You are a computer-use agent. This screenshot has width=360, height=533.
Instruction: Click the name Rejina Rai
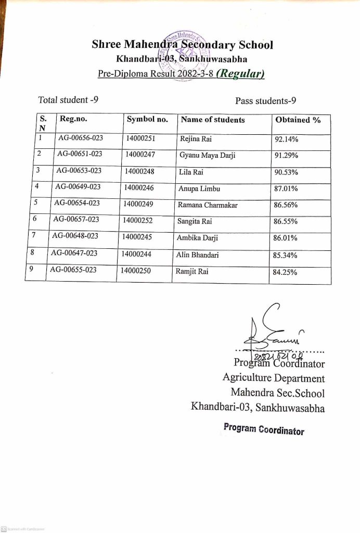(196, 139)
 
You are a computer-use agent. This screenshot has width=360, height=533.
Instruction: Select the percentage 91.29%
(286, 156)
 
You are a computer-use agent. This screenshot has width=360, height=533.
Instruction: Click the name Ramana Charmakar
(208, 205)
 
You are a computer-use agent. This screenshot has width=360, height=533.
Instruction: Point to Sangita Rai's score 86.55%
(285, 221)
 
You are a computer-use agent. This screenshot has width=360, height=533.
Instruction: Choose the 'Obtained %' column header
(298, 120)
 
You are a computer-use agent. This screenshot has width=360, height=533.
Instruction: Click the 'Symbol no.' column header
(147, 119)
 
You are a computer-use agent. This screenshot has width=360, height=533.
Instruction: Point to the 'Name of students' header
(212, 120)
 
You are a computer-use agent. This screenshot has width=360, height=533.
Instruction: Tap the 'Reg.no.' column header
(73, 119)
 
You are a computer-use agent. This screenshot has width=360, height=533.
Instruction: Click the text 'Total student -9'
(68, 99)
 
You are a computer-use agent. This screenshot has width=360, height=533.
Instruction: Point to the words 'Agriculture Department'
(273, 378)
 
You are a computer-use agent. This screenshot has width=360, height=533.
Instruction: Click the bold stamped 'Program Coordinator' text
(264, 429)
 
